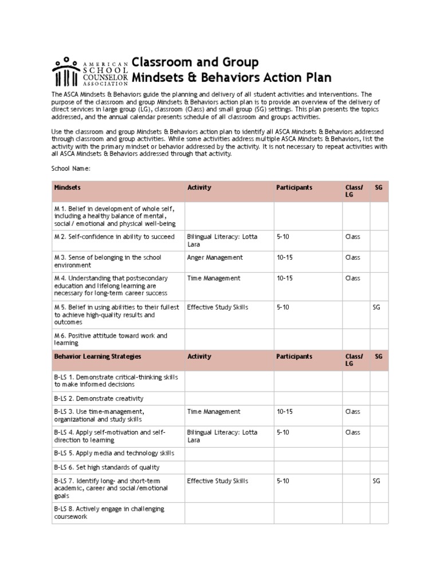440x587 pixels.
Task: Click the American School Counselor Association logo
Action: (x=90, y=71)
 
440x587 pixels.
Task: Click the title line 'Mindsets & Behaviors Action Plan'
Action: (x=231, y=77)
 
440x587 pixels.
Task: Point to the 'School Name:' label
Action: (x=71, y=169)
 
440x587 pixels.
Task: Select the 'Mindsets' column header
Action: (x=67, y=187)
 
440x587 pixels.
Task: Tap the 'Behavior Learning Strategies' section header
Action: (x=97, y=357)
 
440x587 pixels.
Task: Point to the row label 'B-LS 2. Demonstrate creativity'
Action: (x=99, y=398)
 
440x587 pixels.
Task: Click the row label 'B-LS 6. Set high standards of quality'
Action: (x=107, y=467)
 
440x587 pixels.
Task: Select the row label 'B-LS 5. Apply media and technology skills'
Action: (x=113, y=453)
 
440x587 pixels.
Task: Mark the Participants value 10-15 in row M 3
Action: (x=285, y=258)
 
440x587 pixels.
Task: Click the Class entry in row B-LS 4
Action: (x=352, y=432)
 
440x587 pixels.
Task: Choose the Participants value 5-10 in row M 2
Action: (x=283, y=237)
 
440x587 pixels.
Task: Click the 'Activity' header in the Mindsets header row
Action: (x=199, y=187)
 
